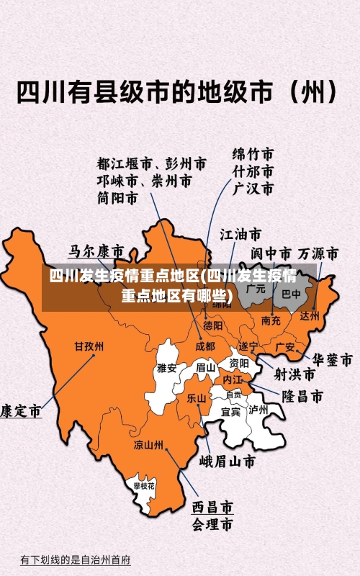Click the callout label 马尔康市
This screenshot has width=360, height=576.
tap(96, 252)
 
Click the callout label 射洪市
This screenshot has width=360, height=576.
tap(294, 374)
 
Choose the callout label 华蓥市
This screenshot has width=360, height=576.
tap(331, 359)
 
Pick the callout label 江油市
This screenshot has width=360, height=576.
tap(240, 235)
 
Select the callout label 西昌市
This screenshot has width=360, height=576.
tap(212, 508)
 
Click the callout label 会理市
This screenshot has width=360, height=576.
tap(212, 523)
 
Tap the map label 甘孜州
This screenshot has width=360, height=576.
tap(89, 346)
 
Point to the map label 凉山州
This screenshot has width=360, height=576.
tap(148, 444)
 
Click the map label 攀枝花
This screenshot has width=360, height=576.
tap(144, 487)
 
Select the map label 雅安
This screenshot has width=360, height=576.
tap(167, 368)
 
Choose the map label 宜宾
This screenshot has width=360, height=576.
tap(230, 412)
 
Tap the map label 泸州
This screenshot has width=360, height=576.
tap(258, 410)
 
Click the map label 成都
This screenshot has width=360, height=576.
tap(205, 346)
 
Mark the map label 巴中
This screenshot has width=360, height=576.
tap(291, 294)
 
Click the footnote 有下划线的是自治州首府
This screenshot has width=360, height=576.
tap(75, 559)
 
